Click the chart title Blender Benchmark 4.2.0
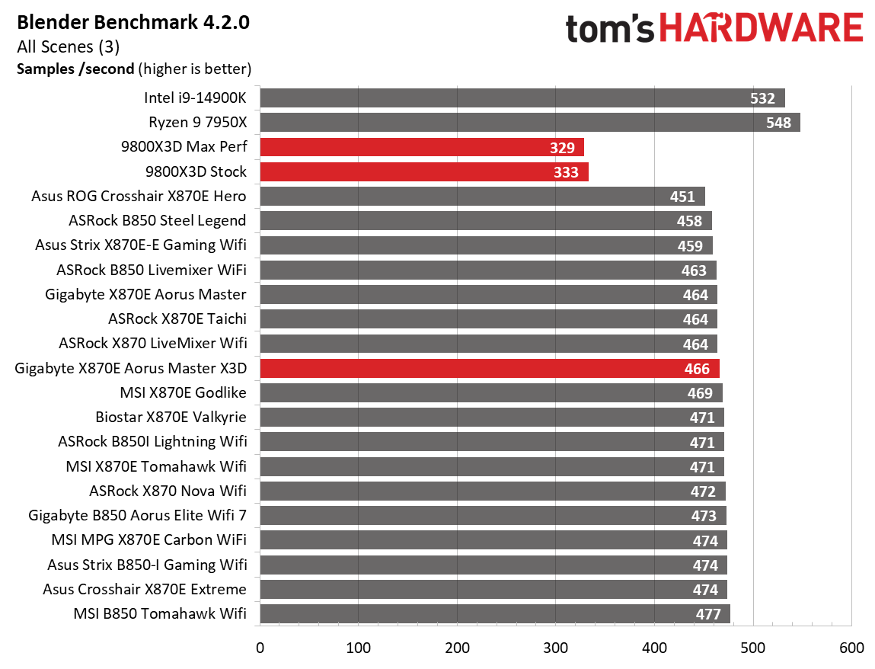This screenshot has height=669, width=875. tap(133, 22)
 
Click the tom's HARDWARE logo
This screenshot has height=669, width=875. tap(714, 29)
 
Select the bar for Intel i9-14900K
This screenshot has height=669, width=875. tap(522, 98)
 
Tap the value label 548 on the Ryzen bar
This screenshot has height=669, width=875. tap(778, 123)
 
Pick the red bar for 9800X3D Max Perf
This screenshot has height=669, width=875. tap(421, 147)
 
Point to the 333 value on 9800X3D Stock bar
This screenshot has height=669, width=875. tap(567, 172)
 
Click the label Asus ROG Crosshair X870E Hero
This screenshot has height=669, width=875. tap(139, 196)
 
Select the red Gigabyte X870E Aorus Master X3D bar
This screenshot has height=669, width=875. tap(489, 369)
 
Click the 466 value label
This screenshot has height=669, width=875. tap(697, 370)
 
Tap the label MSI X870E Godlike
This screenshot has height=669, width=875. tap(183, 393)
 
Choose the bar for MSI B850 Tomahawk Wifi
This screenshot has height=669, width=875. tap(494, 614)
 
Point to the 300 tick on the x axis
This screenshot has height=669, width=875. tap(556, 648)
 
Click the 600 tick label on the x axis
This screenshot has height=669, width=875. tap(851, 648)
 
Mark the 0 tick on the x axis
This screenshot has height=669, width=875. tap(260, 648)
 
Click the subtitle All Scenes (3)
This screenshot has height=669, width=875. tap(68, 46)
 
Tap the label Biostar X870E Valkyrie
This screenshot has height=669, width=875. tap(171, 418)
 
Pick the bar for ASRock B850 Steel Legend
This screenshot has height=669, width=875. tap(485, 221)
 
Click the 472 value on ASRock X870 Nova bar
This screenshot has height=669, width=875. tap(703, 491)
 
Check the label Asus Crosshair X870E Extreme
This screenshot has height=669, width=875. tap(145, 589)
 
